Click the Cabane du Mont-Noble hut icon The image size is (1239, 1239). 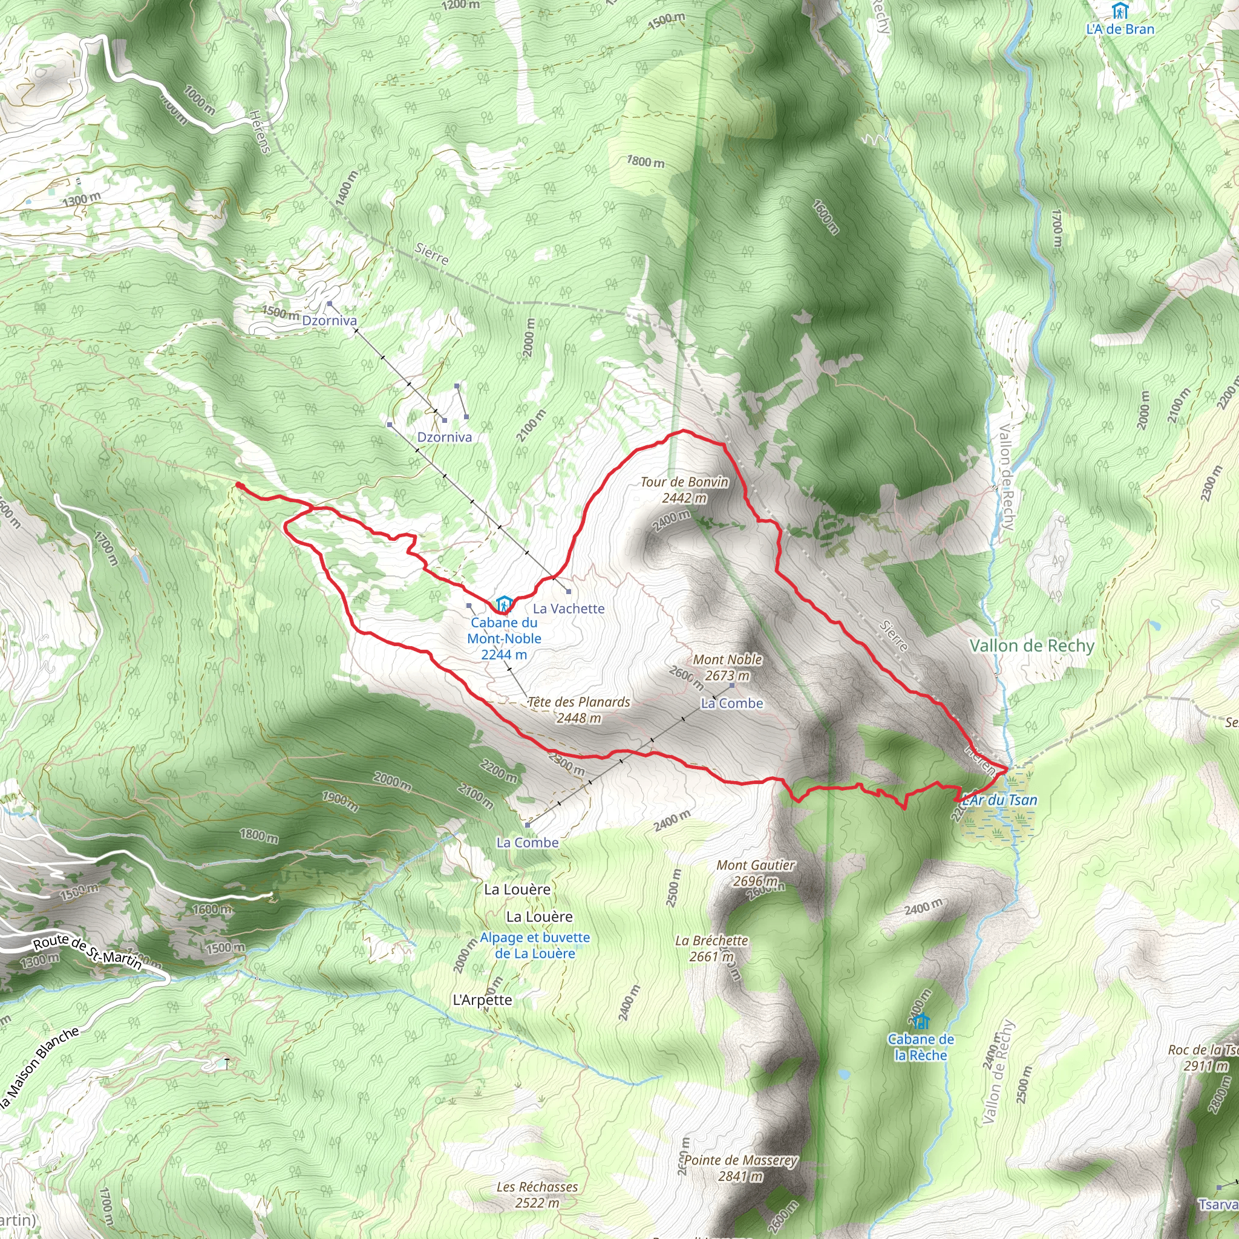click(x=504, y=604)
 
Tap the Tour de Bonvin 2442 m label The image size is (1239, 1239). click(x=684, y=490)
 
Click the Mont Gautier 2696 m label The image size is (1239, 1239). click(x=756, y=873)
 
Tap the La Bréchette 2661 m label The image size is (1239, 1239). click(x=712, y=949)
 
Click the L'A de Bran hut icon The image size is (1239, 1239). click(x=1120, y=11)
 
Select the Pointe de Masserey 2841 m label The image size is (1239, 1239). click(x=740, y=1168)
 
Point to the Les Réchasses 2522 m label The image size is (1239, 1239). click(x=537, y=1195)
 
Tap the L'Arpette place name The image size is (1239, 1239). click(x=482, y=1000)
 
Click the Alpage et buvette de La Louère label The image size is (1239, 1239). click(x=535, y=946)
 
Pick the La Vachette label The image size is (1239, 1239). click(x=569, y=609)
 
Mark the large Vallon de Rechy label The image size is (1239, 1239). click(x=1032, y=646)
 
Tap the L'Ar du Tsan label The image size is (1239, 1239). click(x=1001, y=800)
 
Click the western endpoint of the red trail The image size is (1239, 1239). click(x=238, y=485)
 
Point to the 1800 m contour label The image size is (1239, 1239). click(x=646, y=161)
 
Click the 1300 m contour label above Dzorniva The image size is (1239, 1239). click(x=82, y=200)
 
